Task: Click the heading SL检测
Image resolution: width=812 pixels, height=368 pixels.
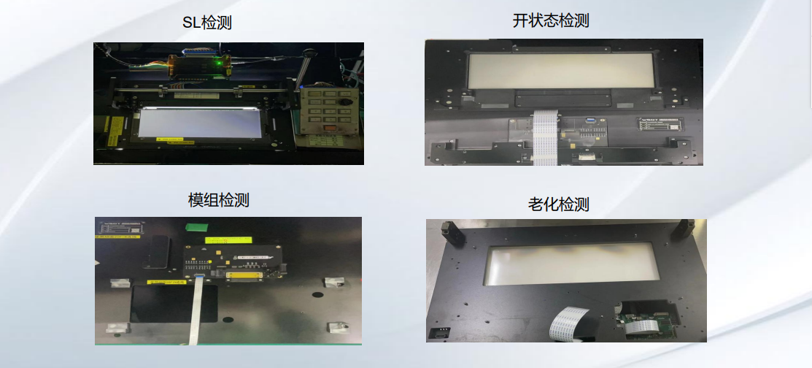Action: (207, 23)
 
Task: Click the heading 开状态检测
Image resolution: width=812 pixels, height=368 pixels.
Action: (551, 20)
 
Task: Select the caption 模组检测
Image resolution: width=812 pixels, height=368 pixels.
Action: (219, 200)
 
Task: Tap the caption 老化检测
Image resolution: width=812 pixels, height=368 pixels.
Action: (558, 205)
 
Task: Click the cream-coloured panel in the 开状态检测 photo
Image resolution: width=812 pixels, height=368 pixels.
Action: (555, 71)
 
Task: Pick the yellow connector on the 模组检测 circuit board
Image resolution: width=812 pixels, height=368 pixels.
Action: (243, 275)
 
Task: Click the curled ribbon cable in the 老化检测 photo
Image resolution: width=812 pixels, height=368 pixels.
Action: (571, 323)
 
